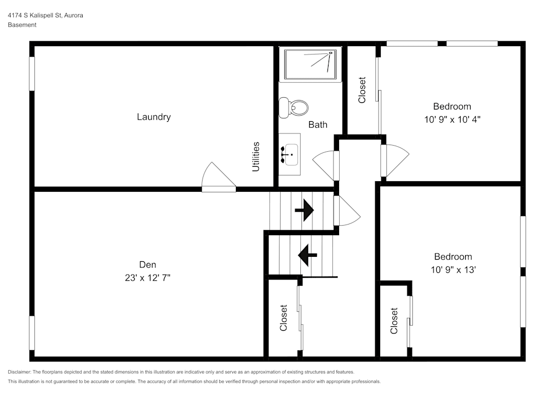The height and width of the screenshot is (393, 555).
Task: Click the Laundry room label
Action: [x=154, y=117]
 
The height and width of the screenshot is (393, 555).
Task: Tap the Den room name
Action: [x=148, y=265]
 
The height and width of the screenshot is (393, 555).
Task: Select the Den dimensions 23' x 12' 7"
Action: [x=148, y=278]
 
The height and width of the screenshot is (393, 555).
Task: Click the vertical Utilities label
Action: [x=255, y=157]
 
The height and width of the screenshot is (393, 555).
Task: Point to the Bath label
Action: [x=318, y=125]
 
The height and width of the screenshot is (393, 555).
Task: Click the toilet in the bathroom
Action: [x=294, y=108]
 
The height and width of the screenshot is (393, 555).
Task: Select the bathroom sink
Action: [x=290, y=155]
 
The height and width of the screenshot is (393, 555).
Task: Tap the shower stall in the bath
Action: [x=310, y=64]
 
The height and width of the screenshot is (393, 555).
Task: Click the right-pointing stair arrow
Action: [x=304, y=210]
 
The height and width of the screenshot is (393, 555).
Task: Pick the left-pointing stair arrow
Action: [x=307, y=255]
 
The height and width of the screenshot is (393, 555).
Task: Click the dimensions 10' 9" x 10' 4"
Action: [x=452, y=120]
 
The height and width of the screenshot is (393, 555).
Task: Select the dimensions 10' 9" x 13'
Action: [x=453, y=270]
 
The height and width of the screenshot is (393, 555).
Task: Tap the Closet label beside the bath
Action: [x=362, y=90]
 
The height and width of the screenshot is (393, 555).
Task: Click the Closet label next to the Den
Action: [x=283, y=318]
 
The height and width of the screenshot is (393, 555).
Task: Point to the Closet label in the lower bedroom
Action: [x=394, y=321]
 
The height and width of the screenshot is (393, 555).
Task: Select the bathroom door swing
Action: [x=324, y=166]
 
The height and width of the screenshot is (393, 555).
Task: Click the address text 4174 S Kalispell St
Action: [x=34, y=15]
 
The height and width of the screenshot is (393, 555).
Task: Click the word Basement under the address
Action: [x=22, y=25]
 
